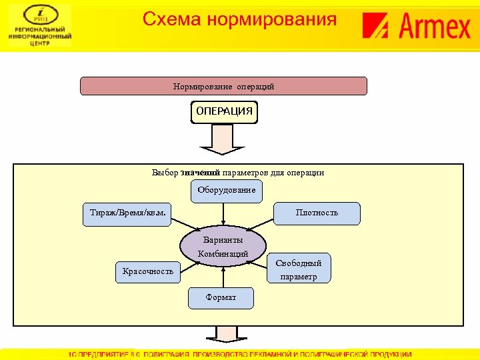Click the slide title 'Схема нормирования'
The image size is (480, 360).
coord(239,19)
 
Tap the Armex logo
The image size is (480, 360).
coord(416,27)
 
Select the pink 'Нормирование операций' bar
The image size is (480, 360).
coord(223,87)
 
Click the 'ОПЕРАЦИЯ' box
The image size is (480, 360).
coord(224,112)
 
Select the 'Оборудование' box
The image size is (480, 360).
coord(226,191)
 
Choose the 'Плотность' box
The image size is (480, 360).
coord(317,213)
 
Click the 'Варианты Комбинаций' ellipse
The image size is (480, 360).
coord(223,247)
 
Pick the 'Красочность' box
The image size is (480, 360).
coord(148,271)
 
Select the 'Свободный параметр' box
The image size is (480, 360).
coord(299,270)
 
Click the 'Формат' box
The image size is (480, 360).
coord(221,298)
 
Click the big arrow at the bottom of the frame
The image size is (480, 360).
coord(224,335)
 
